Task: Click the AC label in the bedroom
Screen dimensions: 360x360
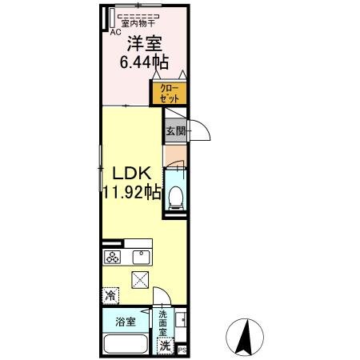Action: click(114, 33)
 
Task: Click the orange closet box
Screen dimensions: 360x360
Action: click(169, 93)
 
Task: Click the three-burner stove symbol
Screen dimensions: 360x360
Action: click(113, 258)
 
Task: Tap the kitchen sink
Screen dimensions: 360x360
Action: click(139, 258)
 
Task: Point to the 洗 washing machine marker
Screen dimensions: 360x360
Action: click(165, 346)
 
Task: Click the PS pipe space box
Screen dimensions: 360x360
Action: click(182, 349)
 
